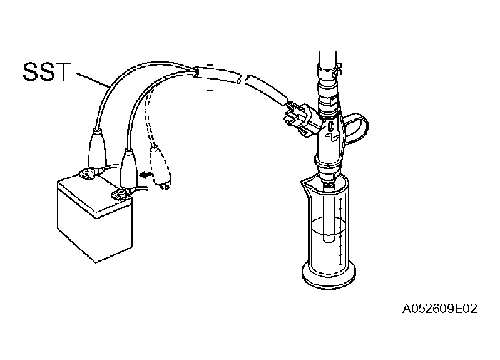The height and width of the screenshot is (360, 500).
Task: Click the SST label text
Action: click(x=46, y=72)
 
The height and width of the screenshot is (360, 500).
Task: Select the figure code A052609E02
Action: click(x=440, y=309)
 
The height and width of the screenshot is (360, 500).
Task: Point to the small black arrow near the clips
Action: click(x=145, y=175)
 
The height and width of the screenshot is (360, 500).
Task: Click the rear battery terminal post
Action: click(x=87, y=174)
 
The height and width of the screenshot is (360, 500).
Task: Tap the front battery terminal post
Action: click(x=120, y=195)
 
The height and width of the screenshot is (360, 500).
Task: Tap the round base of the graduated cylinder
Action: click(x=329, y=276)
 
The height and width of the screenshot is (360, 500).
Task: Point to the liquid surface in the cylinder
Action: click(x=329, y=225)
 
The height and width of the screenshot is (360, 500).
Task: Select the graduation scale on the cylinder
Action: click(x=340, y=232)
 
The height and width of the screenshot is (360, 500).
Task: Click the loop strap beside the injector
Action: click(x=357, y=128)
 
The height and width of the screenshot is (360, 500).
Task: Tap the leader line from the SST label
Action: click(x=93, y=80)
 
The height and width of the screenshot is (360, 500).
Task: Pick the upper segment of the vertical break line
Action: click(x=210, y=58)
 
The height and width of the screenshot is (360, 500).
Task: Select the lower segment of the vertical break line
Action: click(x=210, y=166)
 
